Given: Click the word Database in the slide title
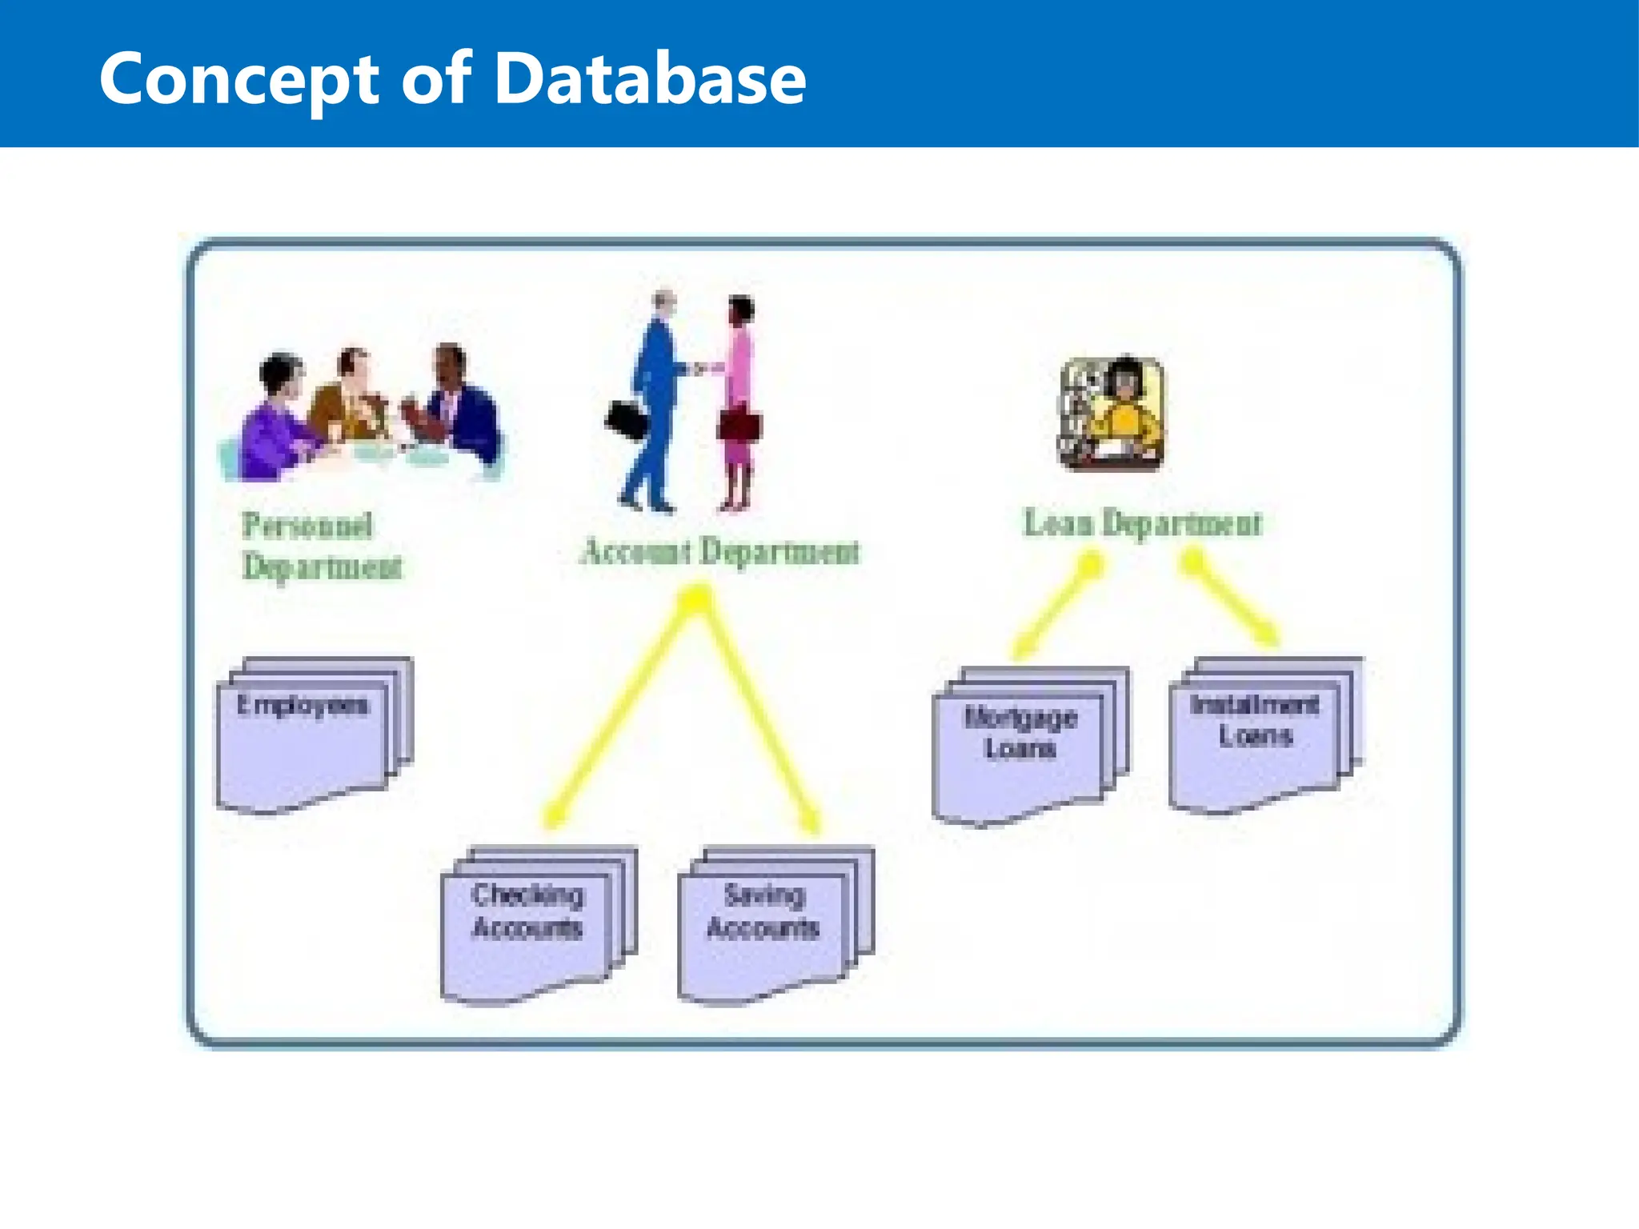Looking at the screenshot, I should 650,78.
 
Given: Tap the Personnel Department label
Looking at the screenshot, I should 320,546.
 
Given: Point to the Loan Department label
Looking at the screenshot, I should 1143,523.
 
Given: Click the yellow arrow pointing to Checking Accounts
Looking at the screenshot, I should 620,712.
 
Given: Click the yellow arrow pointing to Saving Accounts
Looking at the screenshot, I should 760,712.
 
